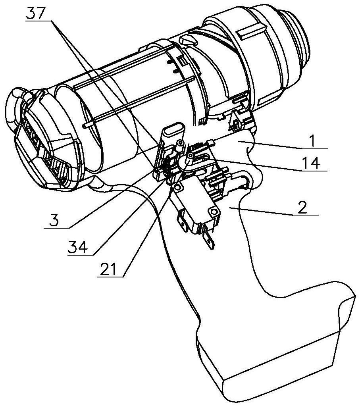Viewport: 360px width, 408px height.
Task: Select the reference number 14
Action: [x=311, y=164]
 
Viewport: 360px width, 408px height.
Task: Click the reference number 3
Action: [x=54, y=221]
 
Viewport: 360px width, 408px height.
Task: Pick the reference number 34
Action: [x=77, y=248]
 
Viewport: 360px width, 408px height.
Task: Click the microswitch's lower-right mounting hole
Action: [x=214, y=211]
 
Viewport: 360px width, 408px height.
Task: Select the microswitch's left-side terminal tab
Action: [x=182, y=221]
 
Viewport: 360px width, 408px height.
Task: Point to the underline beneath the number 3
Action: [x=57, y=228]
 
